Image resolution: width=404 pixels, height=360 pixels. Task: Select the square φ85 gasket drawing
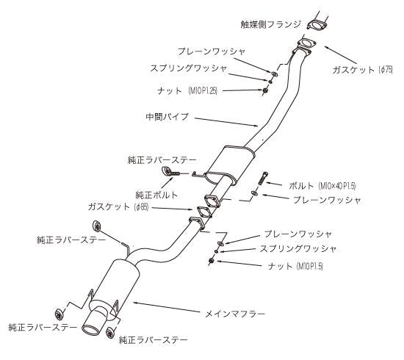point(211,204)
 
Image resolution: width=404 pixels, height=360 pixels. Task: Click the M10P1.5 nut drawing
point(212,261)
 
